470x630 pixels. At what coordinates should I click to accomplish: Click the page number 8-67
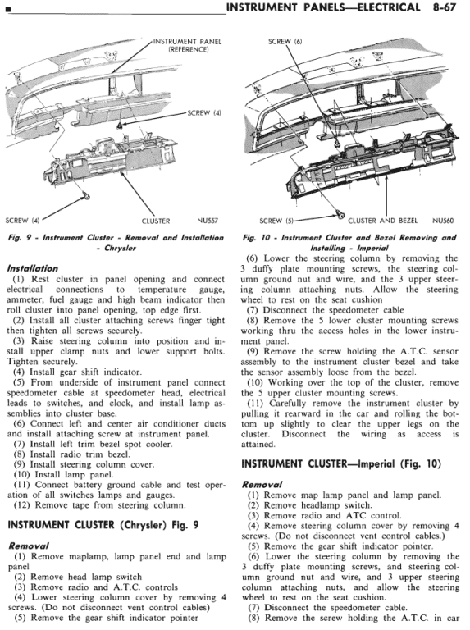coord(445,7)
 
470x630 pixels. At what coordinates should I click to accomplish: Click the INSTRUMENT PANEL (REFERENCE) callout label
coord(188,45)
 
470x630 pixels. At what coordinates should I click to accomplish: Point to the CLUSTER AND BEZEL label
coord(382,221)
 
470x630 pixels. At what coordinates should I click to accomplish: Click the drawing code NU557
coord(208,221)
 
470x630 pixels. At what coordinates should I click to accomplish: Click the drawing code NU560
coord(443,221)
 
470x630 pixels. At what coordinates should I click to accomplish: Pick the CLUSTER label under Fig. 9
coord(156,221)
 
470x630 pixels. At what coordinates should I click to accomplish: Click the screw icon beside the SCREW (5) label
coord(340,216)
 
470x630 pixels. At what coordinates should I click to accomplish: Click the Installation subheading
coord(33,268)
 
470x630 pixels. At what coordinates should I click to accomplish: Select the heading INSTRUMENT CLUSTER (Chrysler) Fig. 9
coord(103,525)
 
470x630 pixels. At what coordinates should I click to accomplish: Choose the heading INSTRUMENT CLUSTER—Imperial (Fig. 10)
coord(341,464)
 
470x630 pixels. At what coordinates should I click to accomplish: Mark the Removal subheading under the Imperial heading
coord(262,485)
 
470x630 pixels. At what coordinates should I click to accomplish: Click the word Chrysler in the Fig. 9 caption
coord(120,248)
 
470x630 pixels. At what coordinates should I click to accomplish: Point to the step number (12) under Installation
coord(21,505)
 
